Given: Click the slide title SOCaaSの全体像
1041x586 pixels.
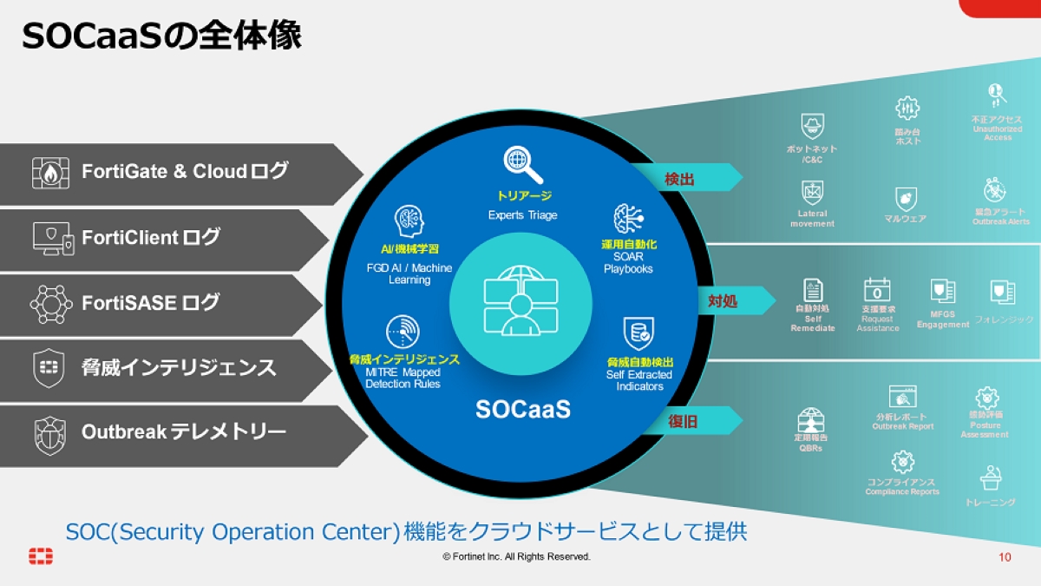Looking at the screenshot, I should coord(161,36).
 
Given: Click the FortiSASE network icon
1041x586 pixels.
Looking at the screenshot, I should coord(51,302).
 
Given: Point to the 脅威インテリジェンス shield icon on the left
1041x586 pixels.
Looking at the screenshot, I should coord(48,367).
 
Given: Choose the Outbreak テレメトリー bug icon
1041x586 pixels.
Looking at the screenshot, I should coord(49,433).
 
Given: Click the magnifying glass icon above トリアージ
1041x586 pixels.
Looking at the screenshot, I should coord(523,165).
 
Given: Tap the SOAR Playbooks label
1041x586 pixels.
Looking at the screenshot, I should coord(628,263).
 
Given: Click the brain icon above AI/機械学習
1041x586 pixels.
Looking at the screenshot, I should coord(409,221).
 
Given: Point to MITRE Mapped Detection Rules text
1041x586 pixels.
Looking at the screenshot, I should coord(403,378).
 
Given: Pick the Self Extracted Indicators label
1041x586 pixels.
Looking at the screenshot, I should coord(639,380).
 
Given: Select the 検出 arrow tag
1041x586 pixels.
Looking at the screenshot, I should coord(684,178).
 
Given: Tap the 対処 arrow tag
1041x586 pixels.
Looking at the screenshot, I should coord(727,301).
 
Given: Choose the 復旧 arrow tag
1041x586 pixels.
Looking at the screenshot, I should coord(688,422).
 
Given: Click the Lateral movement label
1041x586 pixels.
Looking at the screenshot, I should coord(812,219).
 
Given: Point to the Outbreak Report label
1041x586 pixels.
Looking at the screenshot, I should coord(902,426).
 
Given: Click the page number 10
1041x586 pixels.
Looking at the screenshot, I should coord(1005,556).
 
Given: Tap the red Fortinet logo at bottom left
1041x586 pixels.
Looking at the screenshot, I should coord(40,556).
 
